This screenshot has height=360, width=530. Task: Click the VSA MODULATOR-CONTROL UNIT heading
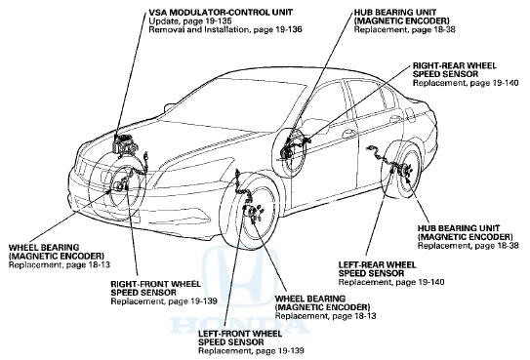pos(221,13)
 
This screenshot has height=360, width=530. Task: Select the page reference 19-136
pos(287,29)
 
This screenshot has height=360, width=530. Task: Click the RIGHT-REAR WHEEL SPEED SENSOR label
pos(455,70)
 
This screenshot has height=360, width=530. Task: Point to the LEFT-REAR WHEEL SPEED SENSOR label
pos(377,269)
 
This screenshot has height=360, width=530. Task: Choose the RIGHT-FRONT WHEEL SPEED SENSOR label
pos(155,288)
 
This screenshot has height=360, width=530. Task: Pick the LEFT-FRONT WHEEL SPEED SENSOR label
pos(240,338)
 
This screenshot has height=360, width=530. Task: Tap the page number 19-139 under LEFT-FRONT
pos(289,350)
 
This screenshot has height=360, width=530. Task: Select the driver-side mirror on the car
pos(169,107)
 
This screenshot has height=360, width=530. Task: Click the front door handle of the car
pos(348,134)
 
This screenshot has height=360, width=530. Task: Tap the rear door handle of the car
pos(396,119)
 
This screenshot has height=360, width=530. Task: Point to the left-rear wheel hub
pos(405,171)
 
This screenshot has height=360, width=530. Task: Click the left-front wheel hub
pos(253,213)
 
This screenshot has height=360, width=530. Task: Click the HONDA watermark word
pos(239,325)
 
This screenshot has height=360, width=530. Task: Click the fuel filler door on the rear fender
pos(410,115)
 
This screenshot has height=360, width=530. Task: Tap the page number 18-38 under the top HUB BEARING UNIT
pos(442,29)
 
